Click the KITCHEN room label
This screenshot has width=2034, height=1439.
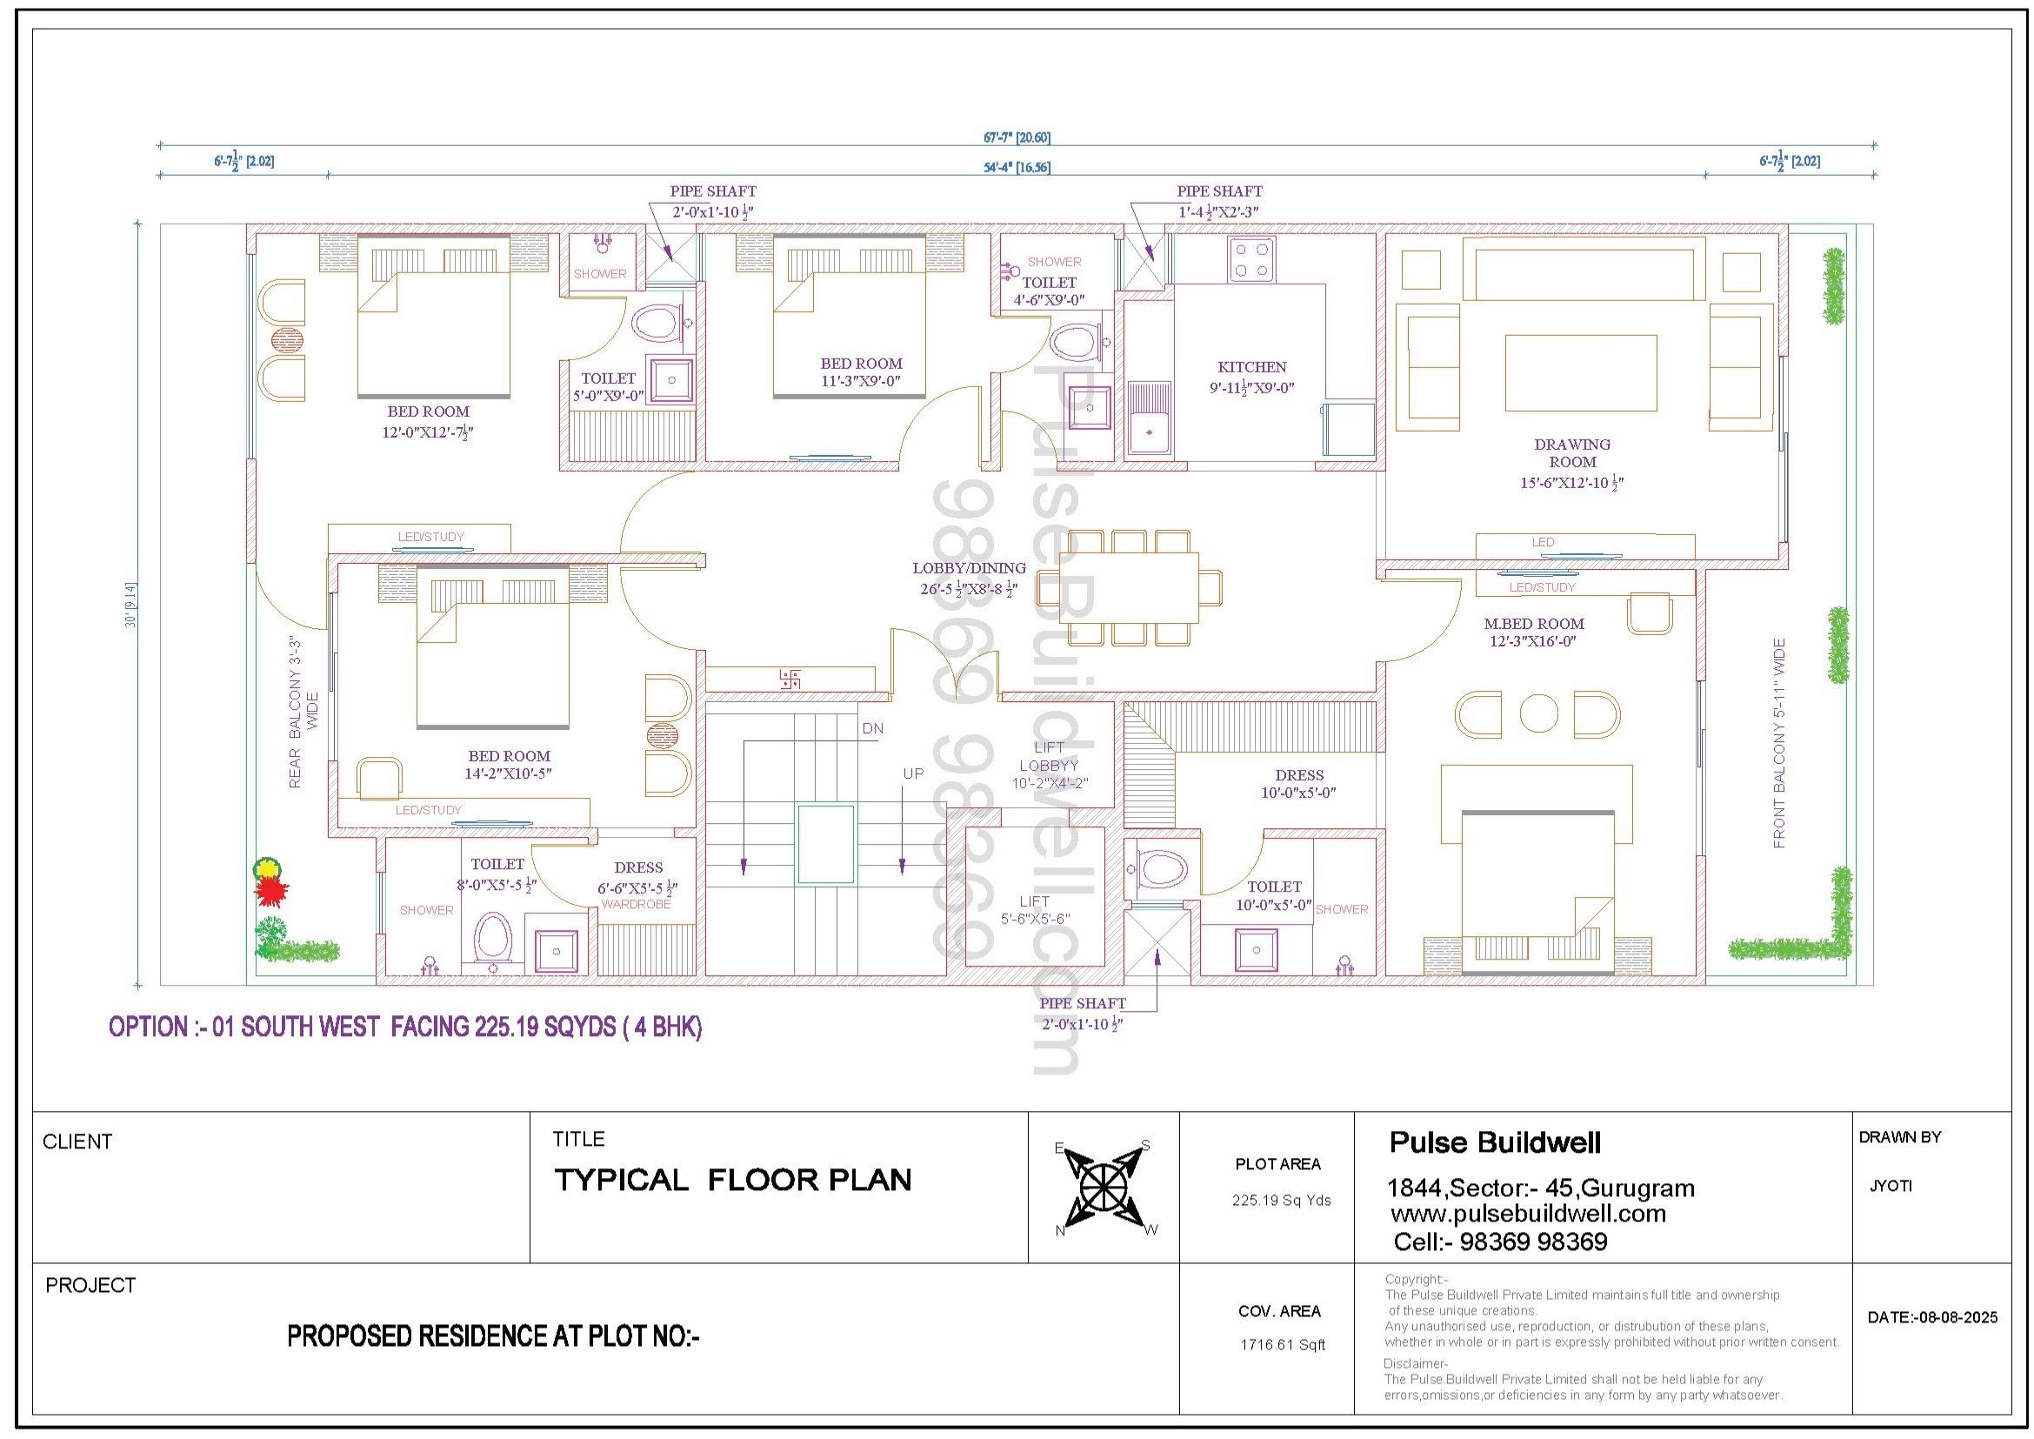pyautogui.click(x=1251, y=367)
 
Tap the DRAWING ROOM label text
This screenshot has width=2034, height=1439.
pyautogui.click(x=1572, y=452)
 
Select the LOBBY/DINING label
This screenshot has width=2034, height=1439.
pyautogui.click(x=969, y=568)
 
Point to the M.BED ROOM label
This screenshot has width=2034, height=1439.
pyautogui.click(x=1534, y=624)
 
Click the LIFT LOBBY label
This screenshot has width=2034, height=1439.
pyautogui.click(x=1049, y=757)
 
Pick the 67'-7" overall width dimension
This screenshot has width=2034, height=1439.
pyautogui.click(x=1017, y=137)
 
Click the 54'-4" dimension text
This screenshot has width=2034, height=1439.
pyautogui.click(x=1017, y=166)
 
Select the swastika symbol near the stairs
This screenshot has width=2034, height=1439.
pyautogui.click(x=790, y=679)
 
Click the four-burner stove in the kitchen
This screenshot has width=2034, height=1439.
pyautogui.click(x=1251, y=259)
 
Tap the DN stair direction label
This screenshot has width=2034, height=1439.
pyautogui.click(x=872, y=728)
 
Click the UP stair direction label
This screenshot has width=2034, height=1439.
pyautogui.click(x=913, y=773)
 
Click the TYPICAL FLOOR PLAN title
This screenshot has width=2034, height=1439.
pyautogui.click(x=732, y=1181)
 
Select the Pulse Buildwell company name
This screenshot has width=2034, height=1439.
pyautogui.click(x=1495, y=1143)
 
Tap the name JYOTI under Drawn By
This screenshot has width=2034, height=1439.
pyautogui.click(x=1891, y=1186)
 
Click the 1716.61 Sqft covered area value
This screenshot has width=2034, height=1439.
pyautogui.click(x=1282, y=1345)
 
